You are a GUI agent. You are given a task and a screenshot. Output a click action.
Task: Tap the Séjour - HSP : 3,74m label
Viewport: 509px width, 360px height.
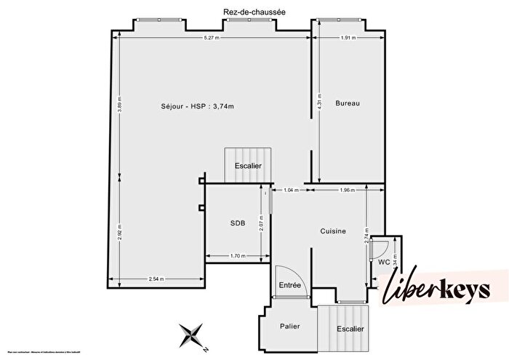192,106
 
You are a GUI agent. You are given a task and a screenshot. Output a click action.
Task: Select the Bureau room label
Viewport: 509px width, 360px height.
348,103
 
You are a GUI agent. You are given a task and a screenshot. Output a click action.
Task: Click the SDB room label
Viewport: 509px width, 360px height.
237,223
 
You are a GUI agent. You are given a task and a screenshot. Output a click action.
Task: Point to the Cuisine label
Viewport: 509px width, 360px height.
333,231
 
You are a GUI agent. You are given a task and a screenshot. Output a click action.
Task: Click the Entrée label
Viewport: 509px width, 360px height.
290,285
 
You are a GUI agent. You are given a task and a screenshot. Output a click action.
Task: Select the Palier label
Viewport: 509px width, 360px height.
290,326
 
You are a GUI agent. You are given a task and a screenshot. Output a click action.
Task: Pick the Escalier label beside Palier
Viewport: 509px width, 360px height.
350,328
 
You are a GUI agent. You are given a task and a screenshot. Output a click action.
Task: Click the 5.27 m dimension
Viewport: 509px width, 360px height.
211,39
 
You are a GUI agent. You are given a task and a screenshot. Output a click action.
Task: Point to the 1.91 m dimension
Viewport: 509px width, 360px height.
349,39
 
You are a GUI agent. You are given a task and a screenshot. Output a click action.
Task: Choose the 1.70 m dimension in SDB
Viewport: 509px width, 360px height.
237,256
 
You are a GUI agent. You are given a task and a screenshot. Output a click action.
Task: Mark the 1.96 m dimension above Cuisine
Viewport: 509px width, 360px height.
348,191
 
